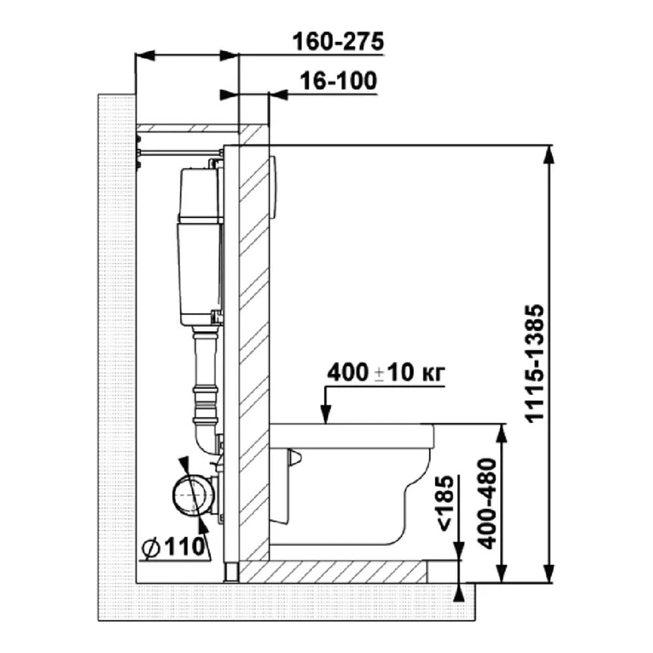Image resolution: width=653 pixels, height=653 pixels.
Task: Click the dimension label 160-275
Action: click(338, 42)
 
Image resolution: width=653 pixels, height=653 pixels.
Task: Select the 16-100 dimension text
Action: click(338, 81)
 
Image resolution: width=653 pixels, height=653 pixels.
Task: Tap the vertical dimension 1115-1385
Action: click(534, 363)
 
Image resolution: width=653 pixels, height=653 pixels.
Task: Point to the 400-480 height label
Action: click(488, 503)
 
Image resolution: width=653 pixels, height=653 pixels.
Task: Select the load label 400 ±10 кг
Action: click(386, 373)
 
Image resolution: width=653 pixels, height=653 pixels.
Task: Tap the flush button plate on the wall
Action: click(273, 187)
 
